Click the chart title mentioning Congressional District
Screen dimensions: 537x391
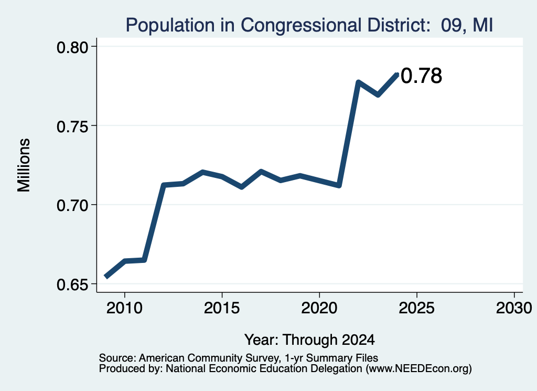point(309,25)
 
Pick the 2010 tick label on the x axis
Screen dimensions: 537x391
point(124,308)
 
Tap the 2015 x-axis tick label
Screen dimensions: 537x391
point(222,308)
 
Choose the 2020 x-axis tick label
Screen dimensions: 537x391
point(319,308)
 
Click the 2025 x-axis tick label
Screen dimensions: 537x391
point(417,308)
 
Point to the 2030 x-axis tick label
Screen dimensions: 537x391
point(514,308)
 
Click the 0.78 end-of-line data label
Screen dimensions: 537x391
point(421,76)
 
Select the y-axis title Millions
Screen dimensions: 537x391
point(24,165)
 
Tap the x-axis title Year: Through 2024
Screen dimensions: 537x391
point(309,340)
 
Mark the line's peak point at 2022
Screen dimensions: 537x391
point(358,82)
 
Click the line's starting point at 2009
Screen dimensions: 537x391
point(106,277)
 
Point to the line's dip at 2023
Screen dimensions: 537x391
point(378,94)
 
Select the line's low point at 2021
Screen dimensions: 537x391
point(339,185)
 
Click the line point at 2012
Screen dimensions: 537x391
point(164,185)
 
